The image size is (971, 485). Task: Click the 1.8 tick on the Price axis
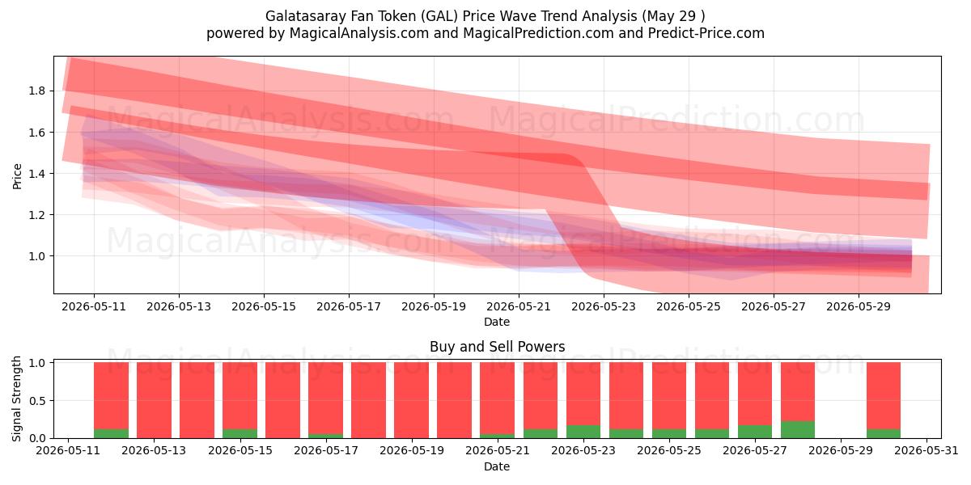(x=36, y=91)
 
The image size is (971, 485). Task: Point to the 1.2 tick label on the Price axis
(x=36, y=215)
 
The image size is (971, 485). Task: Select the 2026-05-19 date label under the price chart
(x=434, y=306)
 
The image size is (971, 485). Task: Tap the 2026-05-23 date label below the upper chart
(x=604, y=306)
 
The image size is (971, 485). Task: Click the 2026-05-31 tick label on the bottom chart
(x=926, y=450)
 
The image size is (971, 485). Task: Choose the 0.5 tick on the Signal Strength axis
(x=36, y=401)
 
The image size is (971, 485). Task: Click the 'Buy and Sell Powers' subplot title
(x=497, y=347)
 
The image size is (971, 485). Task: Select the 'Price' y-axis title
(x=17, y=176)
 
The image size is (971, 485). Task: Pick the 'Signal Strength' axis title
(x=16, y=399)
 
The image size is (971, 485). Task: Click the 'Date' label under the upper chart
(x=497, y=322)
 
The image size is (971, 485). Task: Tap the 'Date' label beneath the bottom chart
(x=497, y=466)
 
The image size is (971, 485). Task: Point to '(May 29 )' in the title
(x=673, y=16)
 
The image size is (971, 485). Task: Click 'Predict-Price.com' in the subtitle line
(x=706, y=33)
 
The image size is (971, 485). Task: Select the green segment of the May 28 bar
(x=798, y=429)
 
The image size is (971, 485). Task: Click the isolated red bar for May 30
(x=884, y=396)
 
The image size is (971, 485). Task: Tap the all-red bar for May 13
(x=154, y=400)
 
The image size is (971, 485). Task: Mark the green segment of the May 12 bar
(x=111, y=433)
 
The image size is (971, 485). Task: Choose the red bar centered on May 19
(x=411, y=400)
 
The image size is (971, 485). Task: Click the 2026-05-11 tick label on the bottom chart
(x=68, y=450)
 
